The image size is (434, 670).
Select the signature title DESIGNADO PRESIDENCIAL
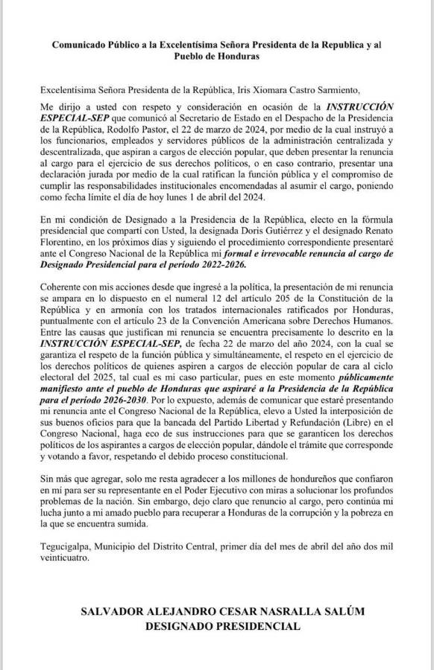tap(217, 627)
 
